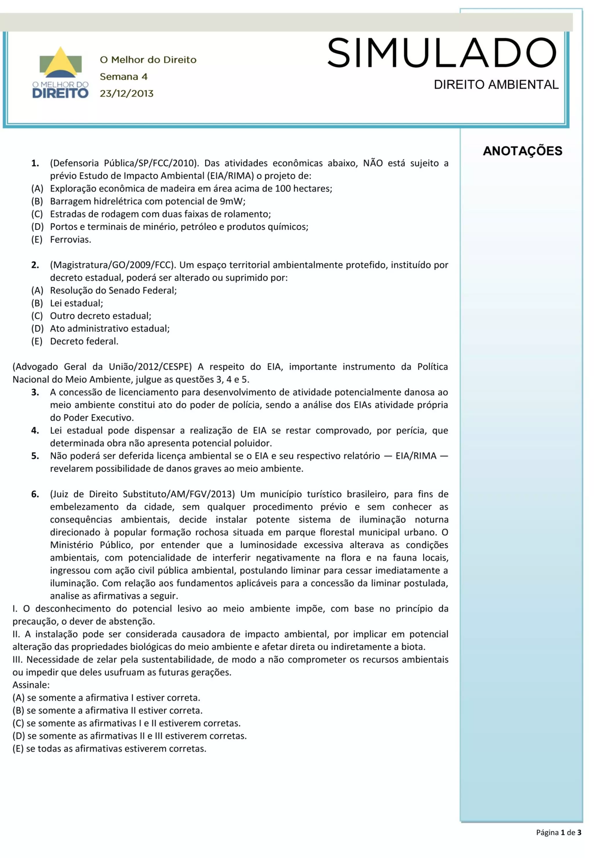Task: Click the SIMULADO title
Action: [442, 53]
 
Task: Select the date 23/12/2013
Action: [126, 93]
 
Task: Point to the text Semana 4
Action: [124, 77]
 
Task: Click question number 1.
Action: [35, 163]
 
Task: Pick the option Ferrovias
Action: [70, 239]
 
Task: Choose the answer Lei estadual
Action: [76, 303]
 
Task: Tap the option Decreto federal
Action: [84, 341]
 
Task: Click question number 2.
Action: [35, 265]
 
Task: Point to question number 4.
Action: [35, 431]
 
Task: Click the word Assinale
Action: [31, 685]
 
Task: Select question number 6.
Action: [35, 494]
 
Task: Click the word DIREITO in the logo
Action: [60, 93]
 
